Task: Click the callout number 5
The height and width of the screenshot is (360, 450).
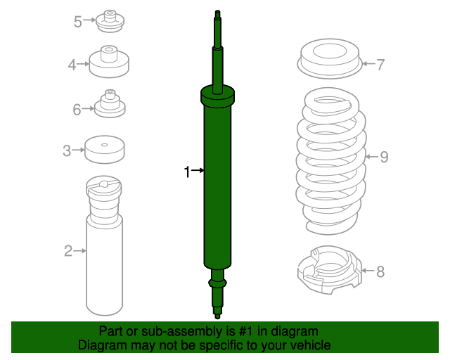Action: (x=78, y=22)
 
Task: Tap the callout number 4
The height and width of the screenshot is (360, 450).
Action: (x=72, y=65)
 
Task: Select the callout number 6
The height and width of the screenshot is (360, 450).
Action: (x=77, y=110)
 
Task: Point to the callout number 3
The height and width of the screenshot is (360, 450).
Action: (x=67, y=150)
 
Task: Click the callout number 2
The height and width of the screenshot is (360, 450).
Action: (x=68, y=251)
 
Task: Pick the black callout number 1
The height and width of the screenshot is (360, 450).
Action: (x=187, y=172)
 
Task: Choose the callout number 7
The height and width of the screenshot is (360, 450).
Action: (x=380, y=65)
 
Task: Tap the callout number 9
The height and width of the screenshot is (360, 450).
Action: (x=385, y=157)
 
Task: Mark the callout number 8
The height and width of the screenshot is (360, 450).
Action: (x=380, y=271)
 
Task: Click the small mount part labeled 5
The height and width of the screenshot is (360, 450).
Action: (x=110, y=21)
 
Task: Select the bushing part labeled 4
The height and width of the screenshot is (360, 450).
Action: (x=109, y=61)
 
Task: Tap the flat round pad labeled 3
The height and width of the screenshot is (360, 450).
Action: (x=105, y=150)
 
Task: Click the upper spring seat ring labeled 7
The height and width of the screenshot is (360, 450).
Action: (x=330, y=59)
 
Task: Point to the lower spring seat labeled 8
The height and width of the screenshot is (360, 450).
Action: (x=330, y=270)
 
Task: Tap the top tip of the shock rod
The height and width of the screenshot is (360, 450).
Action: (x=217, y=11)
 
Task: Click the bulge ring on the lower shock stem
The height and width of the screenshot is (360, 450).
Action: (x=217, y=283)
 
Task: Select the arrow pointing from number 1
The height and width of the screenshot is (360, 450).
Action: (x=198, y=171)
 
